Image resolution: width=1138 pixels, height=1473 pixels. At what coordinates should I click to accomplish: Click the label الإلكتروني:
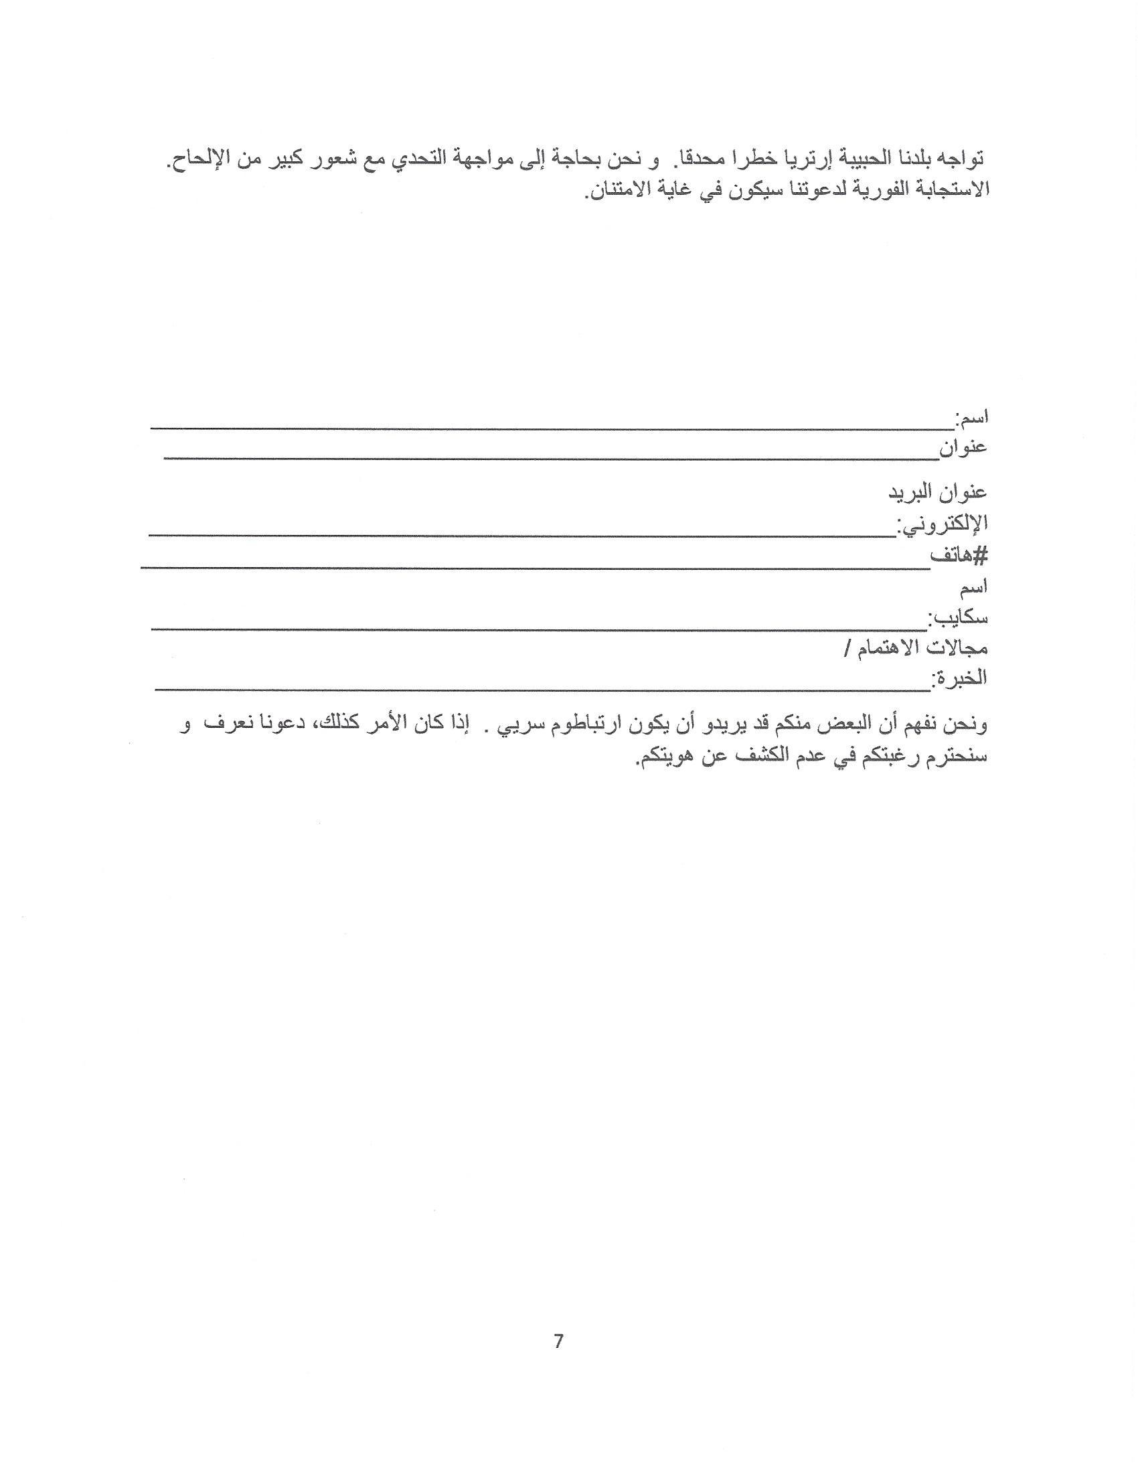point(942,524)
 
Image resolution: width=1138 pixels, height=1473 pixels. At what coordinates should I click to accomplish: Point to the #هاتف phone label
point(959,556)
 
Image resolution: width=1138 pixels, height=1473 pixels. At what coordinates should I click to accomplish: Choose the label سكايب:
point(958,617)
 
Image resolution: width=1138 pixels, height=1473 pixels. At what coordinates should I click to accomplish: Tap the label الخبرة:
point(959,677)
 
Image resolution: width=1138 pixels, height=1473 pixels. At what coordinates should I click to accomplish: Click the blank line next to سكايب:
point(540,628)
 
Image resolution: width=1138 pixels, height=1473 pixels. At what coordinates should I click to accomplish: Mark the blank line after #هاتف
point(536,567)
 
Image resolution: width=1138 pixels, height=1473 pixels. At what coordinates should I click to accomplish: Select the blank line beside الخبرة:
point(542,688)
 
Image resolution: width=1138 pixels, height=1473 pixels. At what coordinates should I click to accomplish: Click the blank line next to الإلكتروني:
point(523,534)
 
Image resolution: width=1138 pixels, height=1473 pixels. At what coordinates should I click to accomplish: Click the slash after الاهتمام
point(847,649)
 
